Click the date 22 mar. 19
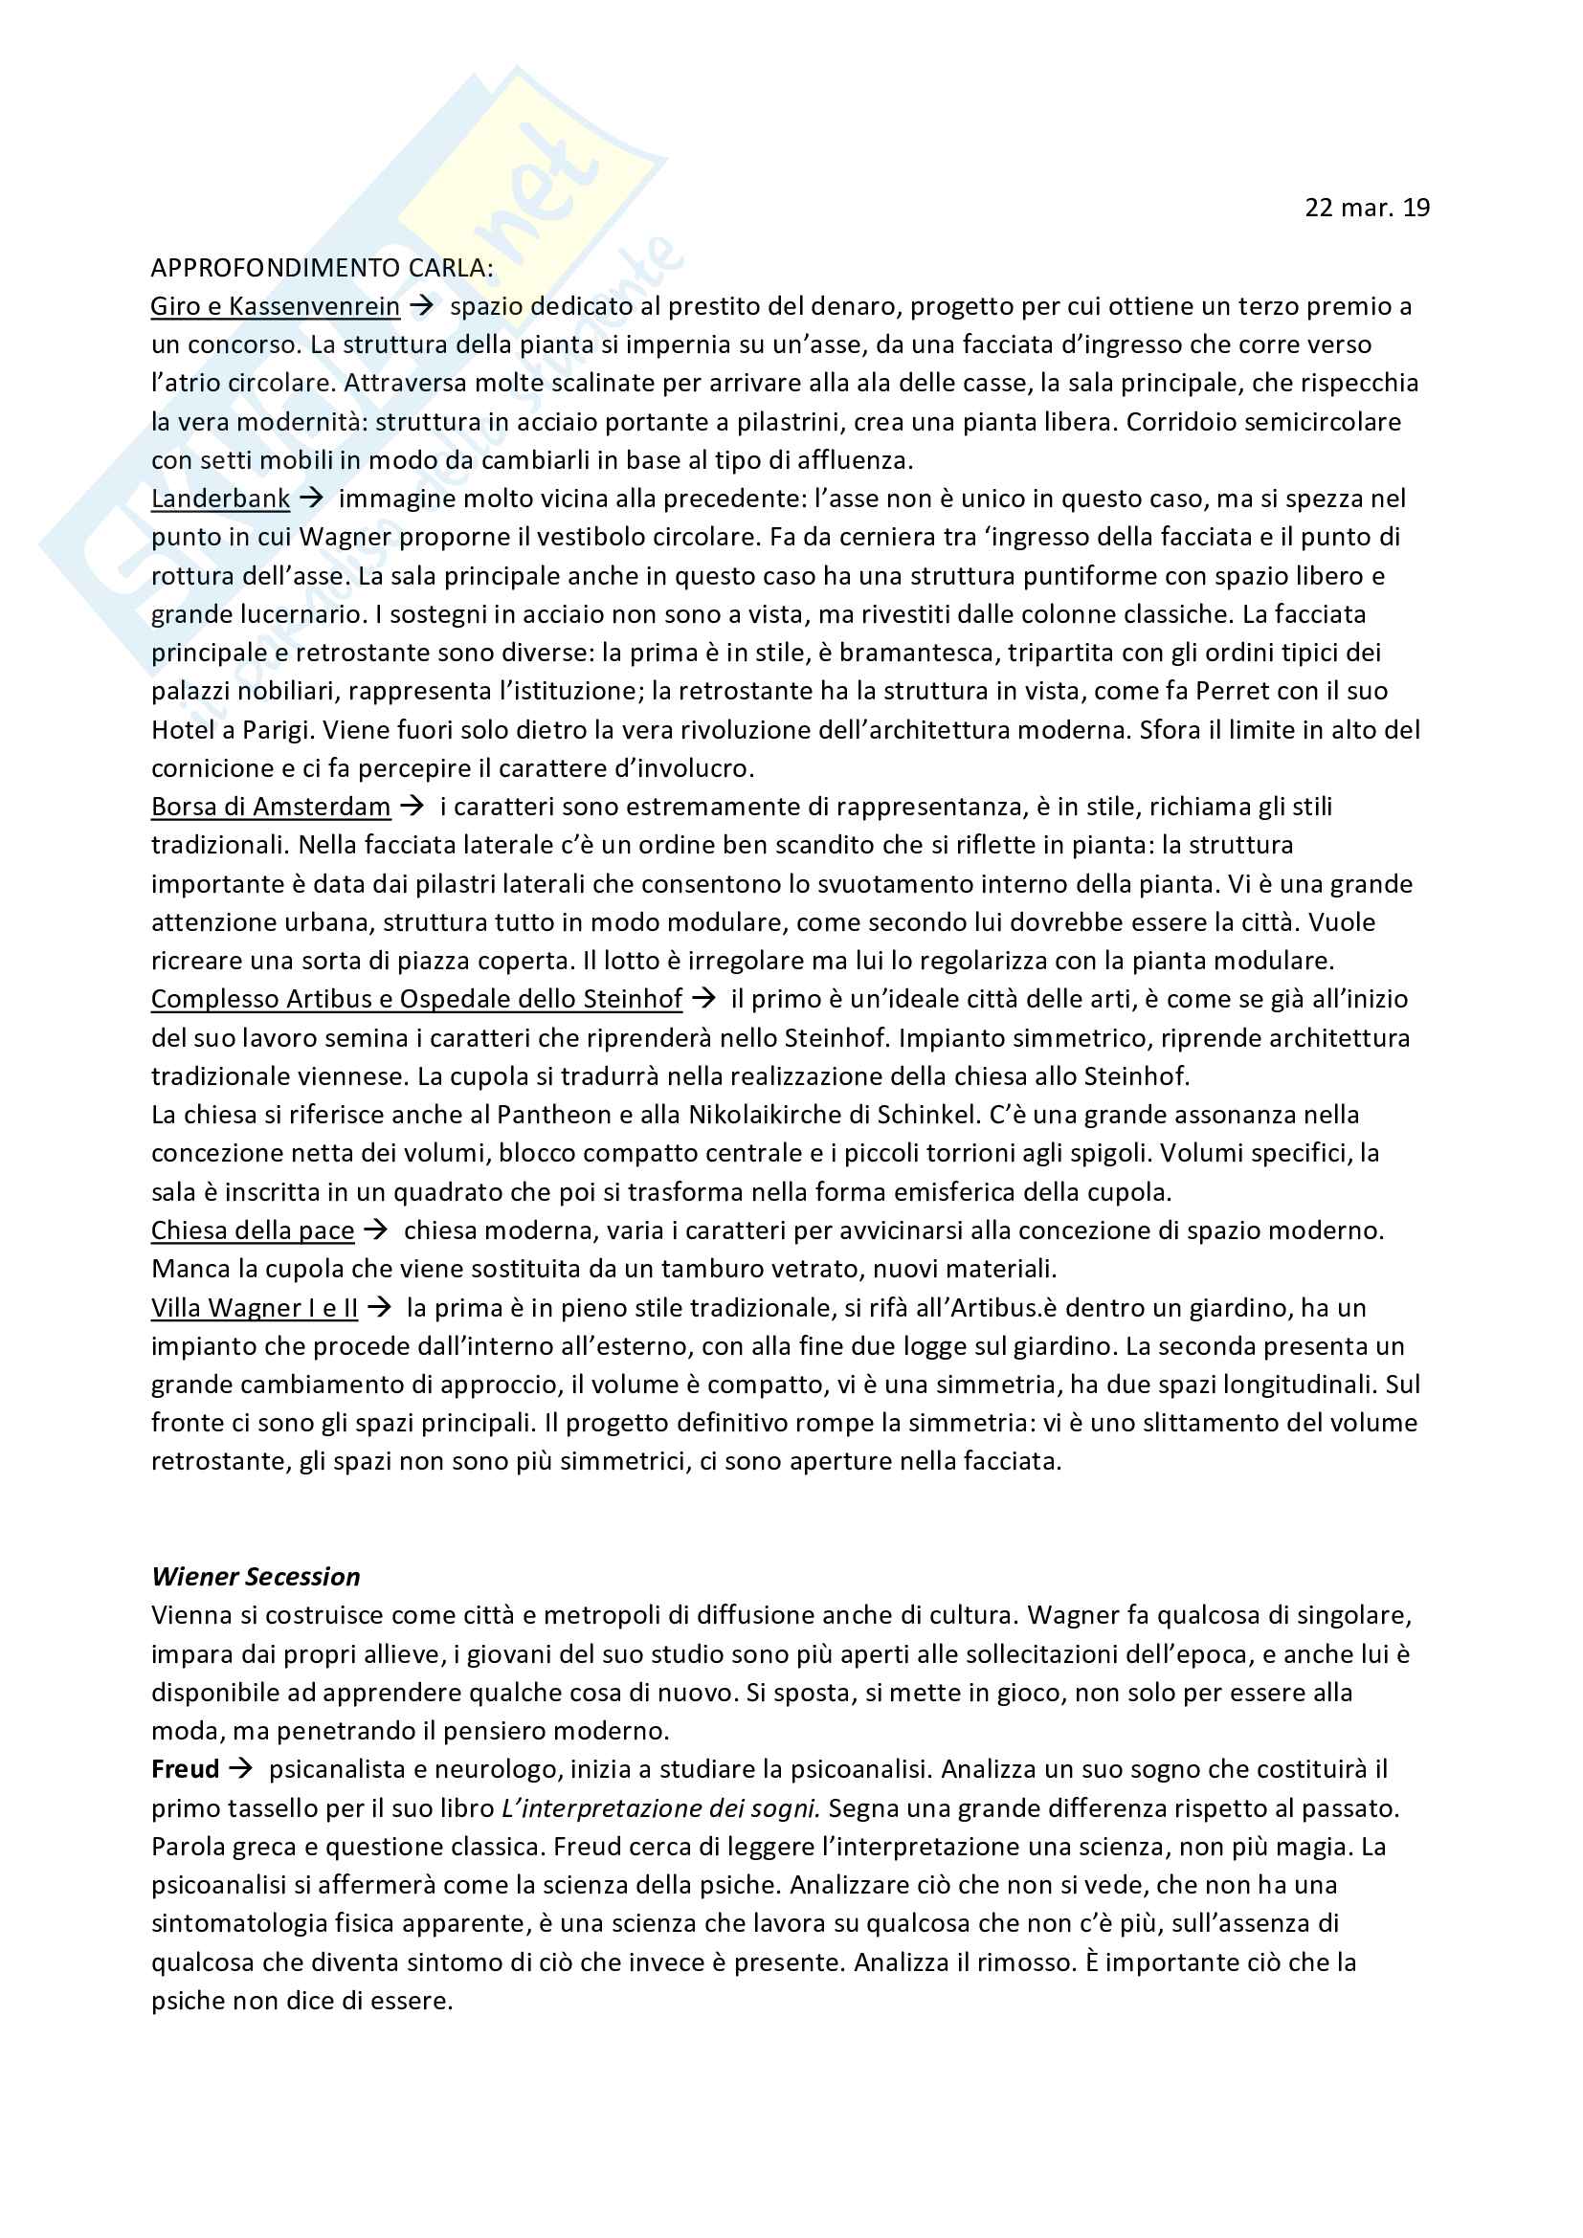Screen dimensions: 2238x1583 pos(1367,208)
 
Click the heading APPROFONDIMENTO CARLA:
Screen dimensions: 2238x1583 pos(322,268)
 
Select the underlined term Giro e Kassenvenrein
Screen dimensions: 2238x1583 pos(275,306)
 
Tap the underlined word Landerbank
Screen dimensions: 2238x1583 pos(220,499)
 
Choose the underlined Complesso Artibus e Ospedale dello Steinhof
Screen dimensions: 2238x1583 pos(416,999)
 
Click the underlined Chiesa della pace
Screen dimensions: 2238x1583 pos(253,1230)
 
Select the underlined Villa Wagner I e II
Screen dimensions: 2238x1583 pos(255,1307)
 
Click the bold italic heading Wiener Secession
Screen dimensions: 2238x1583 pos(256,1576)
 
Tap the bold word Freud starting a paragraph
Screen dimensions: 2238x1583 pos(186,1769)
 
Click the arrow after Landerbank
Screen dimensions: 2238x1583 pos(312,499)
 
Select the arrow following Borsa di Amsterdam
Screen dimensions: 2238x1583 pos(412,806)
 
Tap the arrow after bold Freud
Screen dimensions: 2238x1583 pos(241,1769)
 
